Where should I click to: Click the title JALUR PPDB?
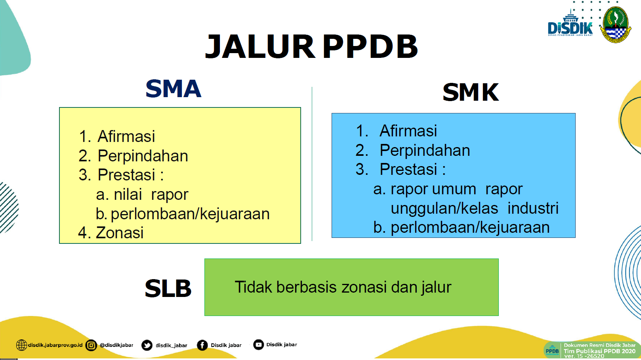[x=311, y=46]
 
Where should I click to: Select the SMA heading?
[x=174, y=89]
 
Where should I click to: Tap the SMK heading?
[x=471, y=92]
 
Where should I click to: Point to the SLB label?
[x=168, y=288]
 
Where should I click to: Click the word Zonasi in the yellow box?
[x=120, y=233]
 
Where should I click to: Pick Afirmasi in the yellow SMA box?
[x=126, y=136]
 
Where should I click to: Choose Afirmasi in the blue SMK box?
[x=408, y=130]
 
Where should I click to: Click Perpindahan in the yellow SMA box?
[x=143, y=156]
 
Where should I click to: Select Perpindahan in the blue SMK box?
[x=425, y=150]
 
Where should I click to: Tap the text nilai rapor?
[x=151, y=194]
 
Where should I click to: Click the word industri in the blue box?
[x=533, y=208]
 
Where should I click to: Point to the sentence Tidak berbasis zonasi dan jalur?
[x=343, y=287]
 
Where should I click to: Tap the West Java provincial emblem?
[x=616, y=25]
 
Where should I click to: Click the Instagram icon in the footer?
[x=91, y=345]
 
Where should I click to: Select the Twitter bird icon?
[x=147, y=345]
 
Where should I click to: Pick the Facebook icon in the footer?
[x=202, y=345]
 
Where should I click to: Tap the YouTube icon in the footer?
[x=258, y=345]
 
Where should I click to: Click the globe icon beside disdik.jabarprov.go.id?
[x=21, y=345]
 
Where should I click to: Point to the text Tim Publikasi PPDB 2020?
[x=599, y=351]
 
